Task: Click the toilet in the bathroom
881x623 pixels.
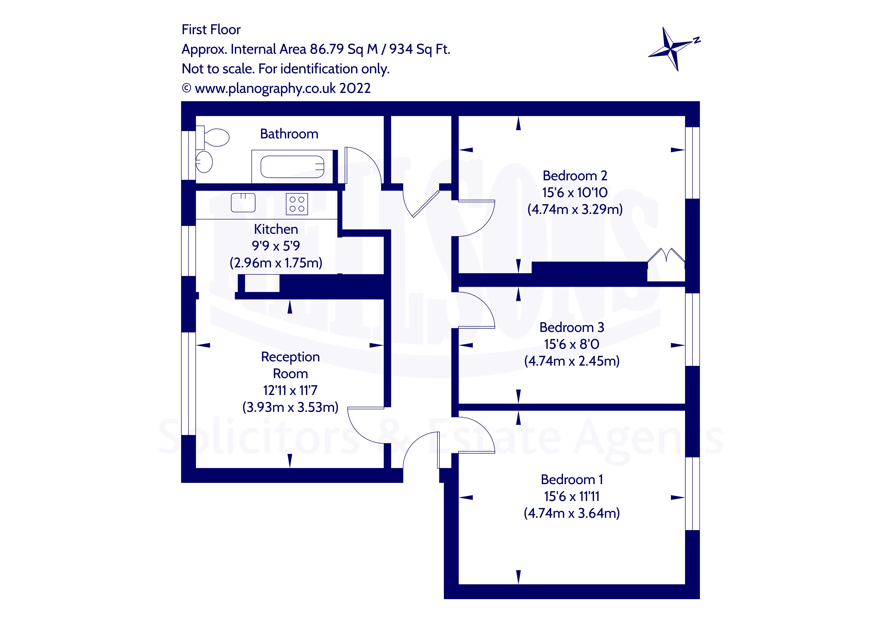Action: [215, 138]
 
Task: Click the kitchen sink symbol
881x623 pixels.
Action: [243, 203]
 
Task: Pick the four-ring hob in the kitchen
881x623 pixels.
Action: [297, 204]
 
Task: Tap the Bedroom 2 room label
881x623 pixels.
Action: [575, 176]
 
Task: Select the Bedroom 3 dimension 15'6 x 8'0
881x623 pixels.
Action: [571, 344]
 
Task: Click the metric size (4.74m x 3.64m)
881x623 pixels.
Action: [571, 513]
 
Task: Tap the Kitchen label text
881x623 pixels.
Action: [276, 229]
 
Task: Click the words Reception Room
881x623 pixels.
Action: [290, 365]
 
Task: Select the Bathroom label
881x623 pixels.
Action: [289, 134]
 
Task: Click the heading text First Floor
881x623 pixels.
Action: [211, 30]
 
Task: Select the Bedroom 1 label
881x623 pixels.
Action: [571, 480]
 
